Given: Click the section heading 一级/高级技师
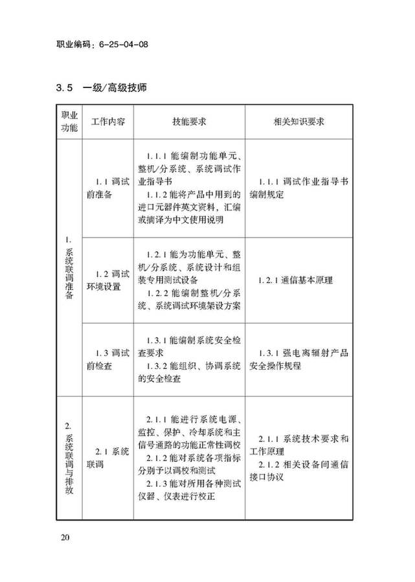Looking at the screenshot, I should coord(119,87).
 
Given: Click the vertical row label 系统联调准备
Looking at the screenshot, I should coord(69,272).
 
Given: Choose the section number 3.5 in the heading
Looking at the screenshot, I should coord(67,87).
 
